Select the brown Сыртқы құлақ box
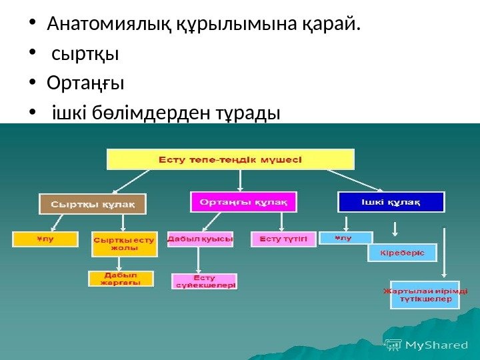pyautogui.click(x=93, y=204)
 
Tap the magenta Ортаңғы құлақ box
pyautogui.click(x=245, y=201)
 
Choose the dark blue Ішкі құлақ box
pyautogui.click(x=391, y=201)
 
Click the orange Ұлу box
pyautogui.click(x=46, y=239)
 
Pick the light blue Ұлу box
pyautogui.click(x=345, y=237)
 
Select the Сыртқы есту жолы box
pyautogui.click(x=123, y=244)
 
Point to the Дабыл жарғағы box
pyautogui.click(x=121, y=278)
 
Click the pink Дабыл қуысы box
pyautogui.click(x=201, y=239)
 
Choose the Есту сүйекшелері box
pyautogui.click(x=205, y=281)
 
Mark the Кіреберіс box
pyautogui.click(x=402, y=253)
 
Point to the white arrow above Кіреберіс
pyautogui.click(x=395, y=230)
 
